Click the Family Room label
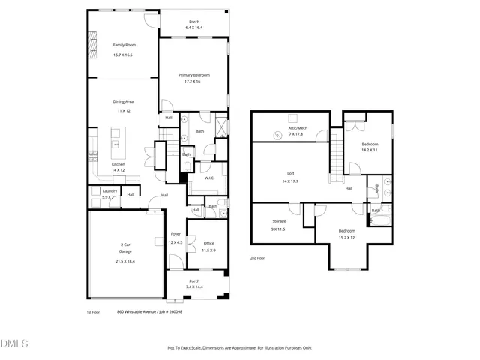point(123,45)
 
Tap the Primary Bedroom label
point(193,75)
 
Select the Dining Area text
point(123,100)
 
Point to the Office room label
point(208,243)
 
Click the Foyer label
point(175,234)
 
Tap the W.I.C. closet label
point(210,178)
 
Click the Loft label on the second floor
point(289,173)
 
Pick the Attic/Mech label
point(298,127)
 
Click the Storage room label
point(279,221)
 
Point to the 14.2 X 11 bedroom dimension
point(370,151)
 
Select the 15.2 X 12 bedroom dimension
point(346,238)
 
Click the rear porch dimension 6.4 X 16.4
point(194,28)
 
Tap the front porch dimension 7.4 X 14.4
point(194,286)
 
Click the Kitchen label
point(118,164)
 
